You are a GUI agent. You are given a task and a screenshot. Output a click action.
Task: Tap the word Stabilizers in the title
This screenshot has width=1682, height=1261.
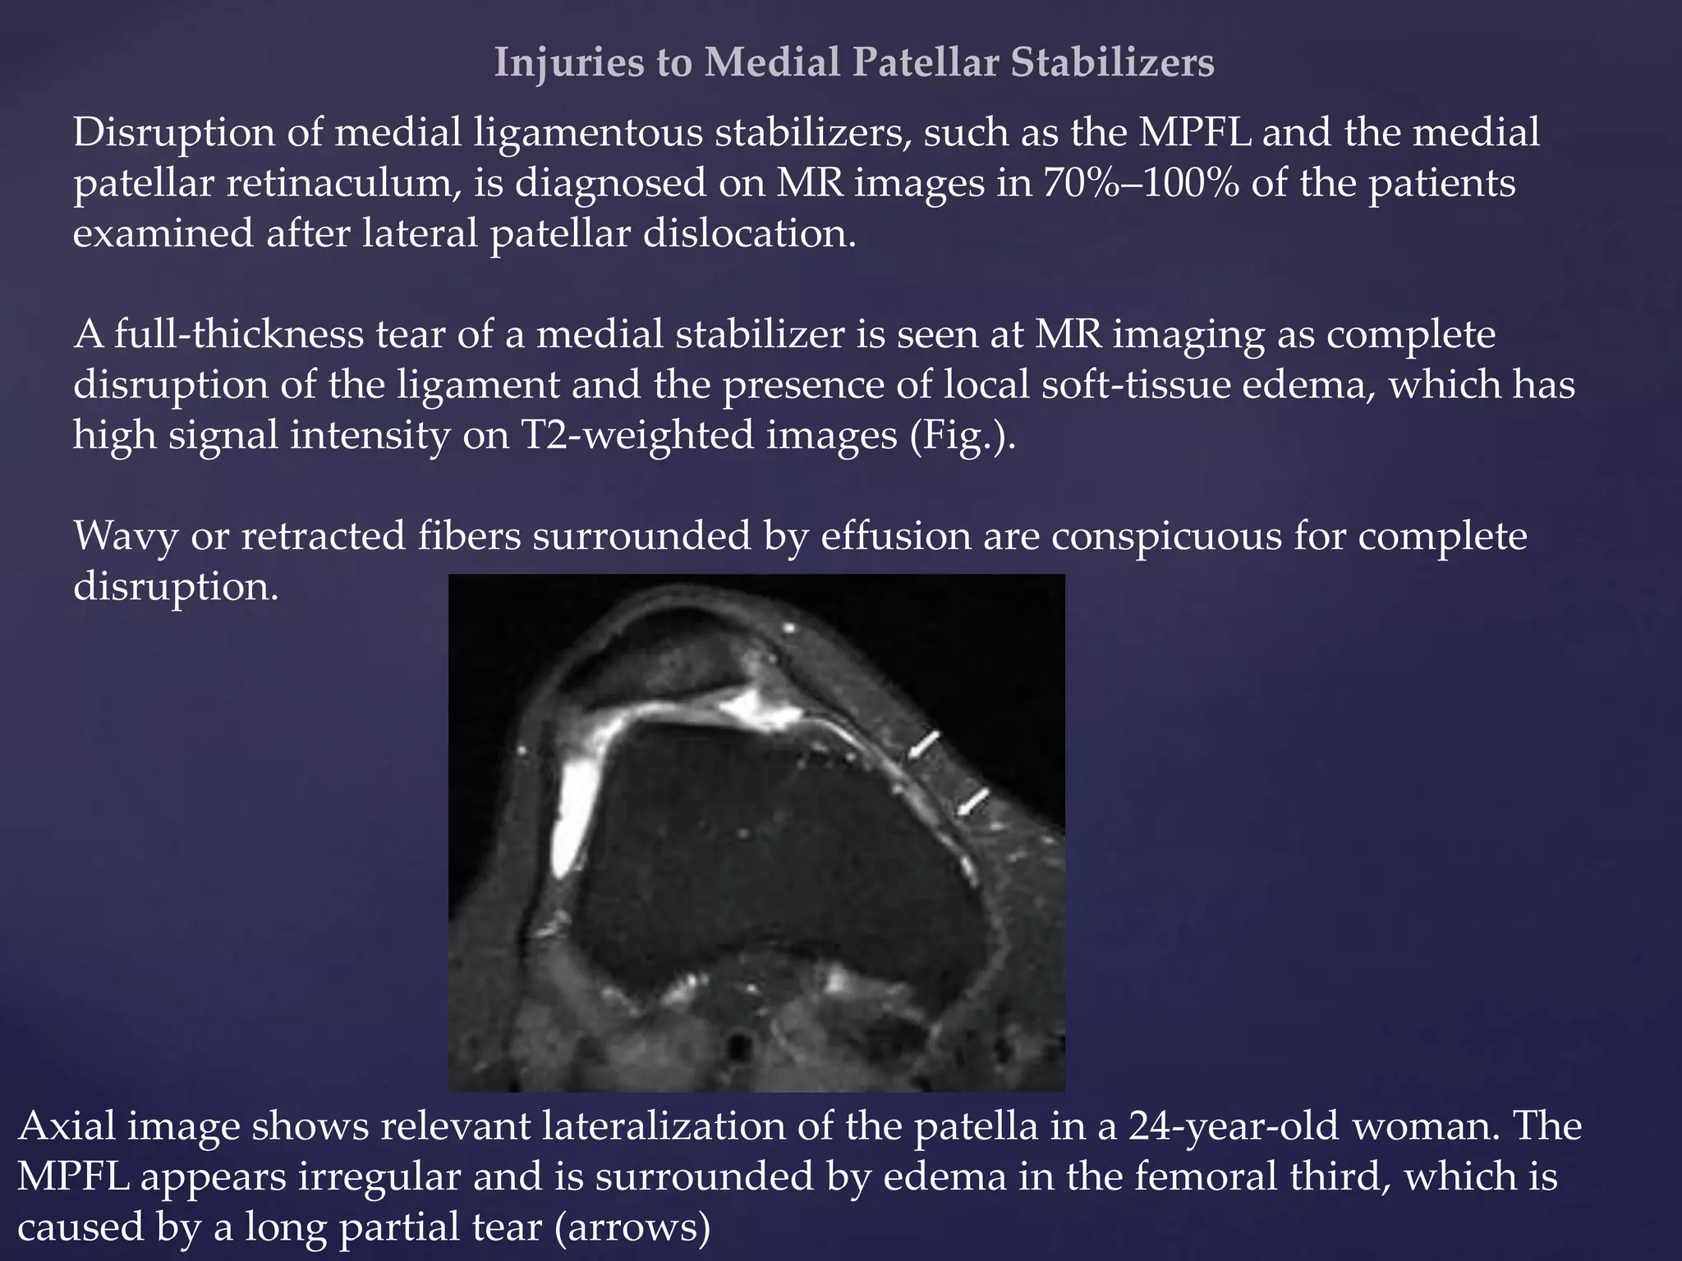tap(1112, 63)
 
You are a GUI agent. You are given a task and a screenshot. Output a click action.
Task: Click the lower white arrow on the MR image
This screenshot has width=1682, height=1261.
tap(973, 801)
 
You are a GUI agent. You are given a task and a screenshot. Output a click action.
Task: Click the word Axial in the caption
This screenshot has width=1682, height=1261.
tap(67, 1126)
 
